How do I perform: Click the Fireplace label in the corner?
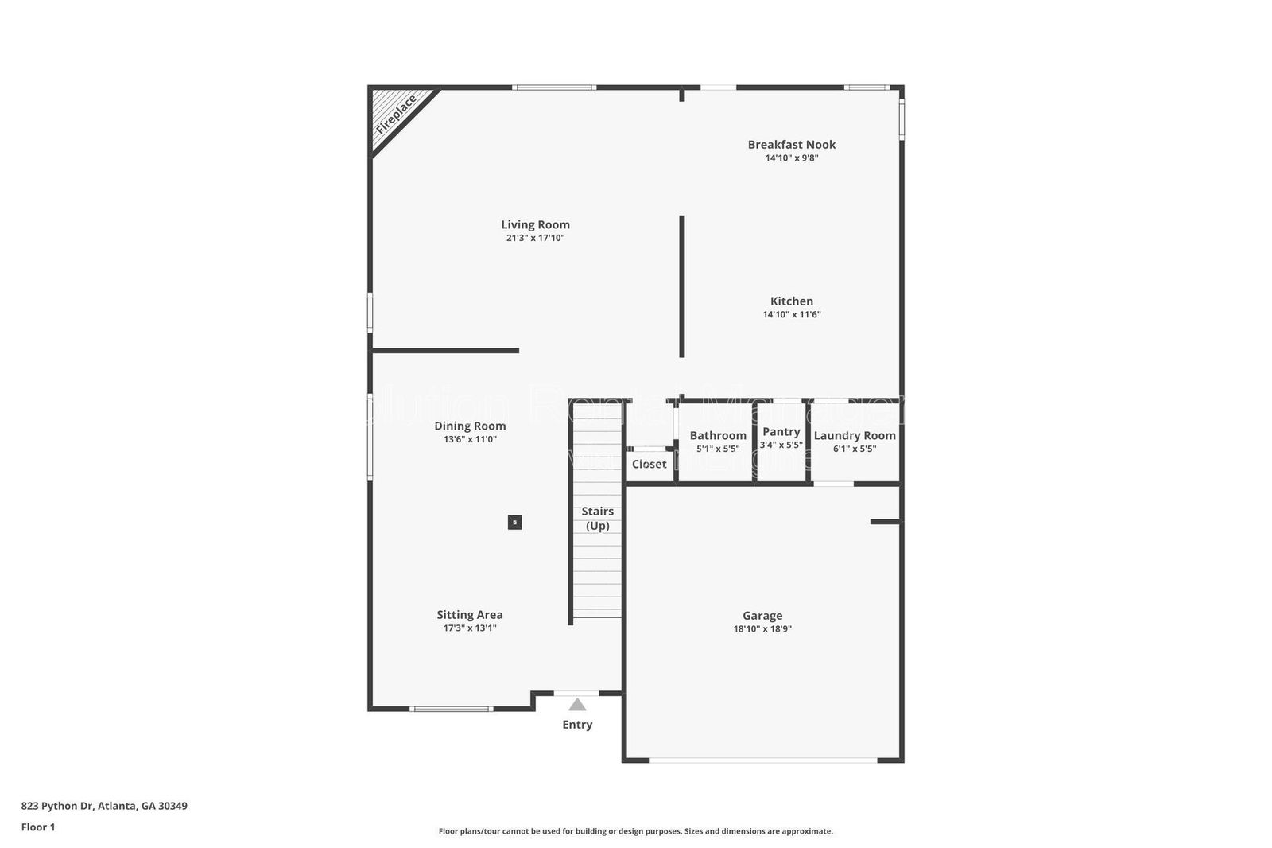pyautogui.click(x=397, y=114)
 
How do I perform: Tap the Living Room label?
pyautogui.click(x=535, y=224)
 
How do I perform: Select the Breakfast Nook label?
pyautogui.click(x=791, y=144)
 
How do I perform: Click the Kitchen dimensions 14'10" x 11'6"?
pyautogui.click(x=791, y=314)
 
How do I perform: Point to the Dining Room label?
pyautogui.click(x=470, y=426)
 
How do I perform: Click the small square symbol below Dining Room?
pyautogui.click(x=514, y=523)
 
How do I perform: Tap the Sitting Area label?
pyautogui.click(x=469, y=614)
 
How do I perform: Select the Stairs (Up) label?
pyautogui.click(x=597, y=518)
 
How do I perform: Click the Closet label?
pyautogui.click(x=649, y=464)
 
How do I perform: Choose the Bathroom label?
pyautogui.click(x=718, y=435)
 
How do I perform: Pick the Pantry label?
pyautogui.click(x=781, y=431)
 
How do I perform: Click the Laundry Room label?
pyautogui.click(x=855, y=435)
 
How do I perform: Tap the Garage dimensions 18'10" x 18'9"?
pyautogui.click(x=762, y=628)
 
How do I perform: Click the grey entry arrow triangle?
pyautogui.click(x=577, y=705)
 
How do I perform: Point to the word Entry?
pyautogui.click(x=577, y=724)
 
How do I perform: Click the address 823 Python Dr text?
pyautogui.click(x=104, y=805)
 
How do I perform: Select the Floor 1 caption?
pyautogui.click(x=38, y=827)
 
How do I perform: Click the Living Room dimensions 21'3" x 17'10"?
pyautogui.click(x=535, y=238)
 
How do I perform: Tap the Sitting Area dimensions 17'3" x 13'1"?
pyautogui.click(x=469, y=628)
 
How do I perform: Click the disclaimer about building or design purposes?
pyautogui.click(x=635, y=831)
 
